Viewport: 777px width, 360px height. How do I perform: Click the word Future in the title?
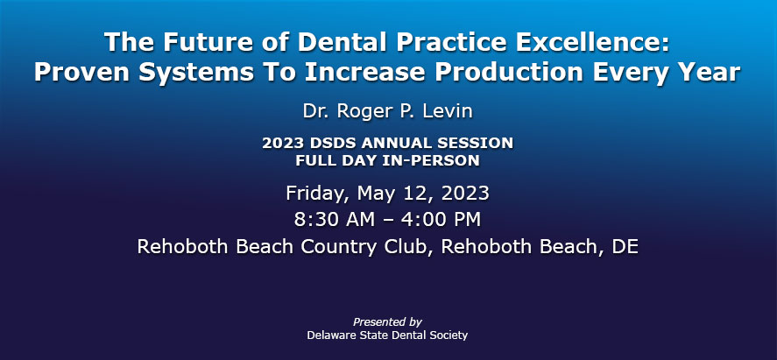(x=195, y=41)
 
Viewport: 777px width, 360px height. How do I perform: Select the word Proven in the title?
(x=81, y=72)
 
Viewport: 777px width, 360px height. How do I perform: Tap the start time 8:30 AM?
(x=335, y=220)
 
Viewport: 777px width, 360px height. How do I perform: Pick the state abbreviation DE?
(x=625, y=247)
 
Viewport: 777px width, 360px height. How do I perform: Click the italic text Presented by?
(x=387, y=321)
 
